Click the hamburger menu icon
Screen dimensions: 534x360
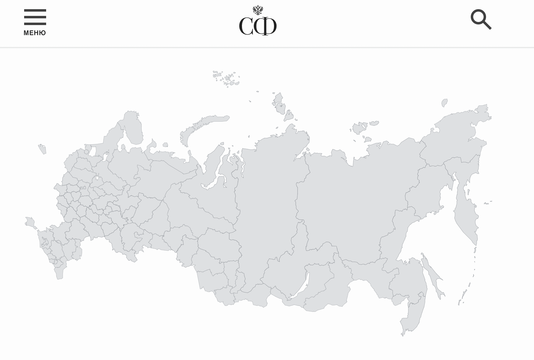(35, 17)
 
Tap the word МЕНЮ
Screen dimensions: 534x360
(35, 33)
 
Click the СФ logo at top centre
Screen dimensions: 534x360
(258, 26)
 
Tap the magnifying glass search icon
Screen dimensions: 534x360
(481, 20)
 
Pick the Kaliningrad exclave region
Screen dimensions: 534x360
(42, 149)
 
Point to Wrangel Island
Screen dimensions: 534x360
(444, 103)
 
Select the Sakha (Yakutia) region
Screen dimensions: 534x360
(360, 199)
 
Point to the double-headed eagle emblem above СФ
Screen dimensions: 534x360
(258, 10)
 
